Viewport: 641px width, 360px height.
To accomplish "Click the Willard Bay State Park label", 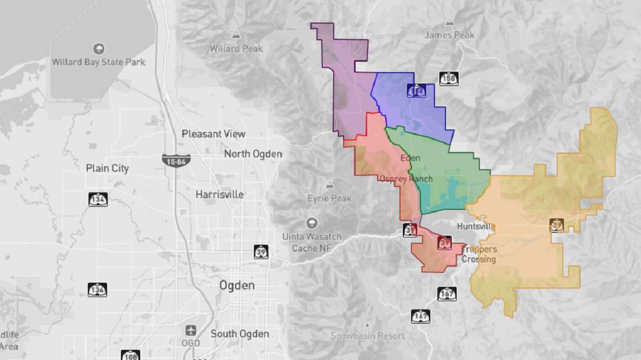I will coord(99,62).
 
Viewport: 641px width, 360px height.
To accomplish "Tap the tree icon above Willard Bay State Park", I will coord(99,49).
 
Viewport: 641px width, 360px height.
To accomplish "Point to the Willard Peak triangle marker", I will coord(236,35).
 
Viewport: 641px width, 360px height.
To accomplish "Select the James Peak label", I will coord(449,35).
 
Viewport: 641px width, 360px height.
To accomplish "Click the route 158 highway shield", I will coord(448,79).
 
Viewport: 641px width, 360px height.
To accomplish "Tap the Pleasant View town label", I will coord(213,134).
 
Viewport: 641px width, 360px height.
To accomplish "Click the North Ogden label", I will coord(253,154).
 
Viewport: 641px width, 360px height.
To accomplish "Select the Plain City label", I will coord(107,169).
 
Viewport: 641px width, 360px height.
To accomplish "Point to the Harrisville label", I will coord(220,194).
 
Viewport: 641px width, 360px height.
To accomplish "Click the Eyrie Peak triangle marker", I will coord(329,185).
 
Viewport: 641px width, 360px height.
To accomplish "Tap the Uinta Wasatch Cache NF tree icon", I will coord(312,223).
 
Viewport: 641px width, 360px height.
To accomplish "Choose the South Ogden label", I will coord(240,334).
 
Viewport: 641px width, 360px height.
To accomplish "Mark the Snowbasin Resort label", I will coord(367,335).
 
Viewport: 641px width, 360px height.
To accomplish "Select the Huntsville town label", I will coord(476,226).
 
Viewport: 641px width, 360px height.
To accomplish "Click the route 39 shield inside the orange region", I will coord(556,225).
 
